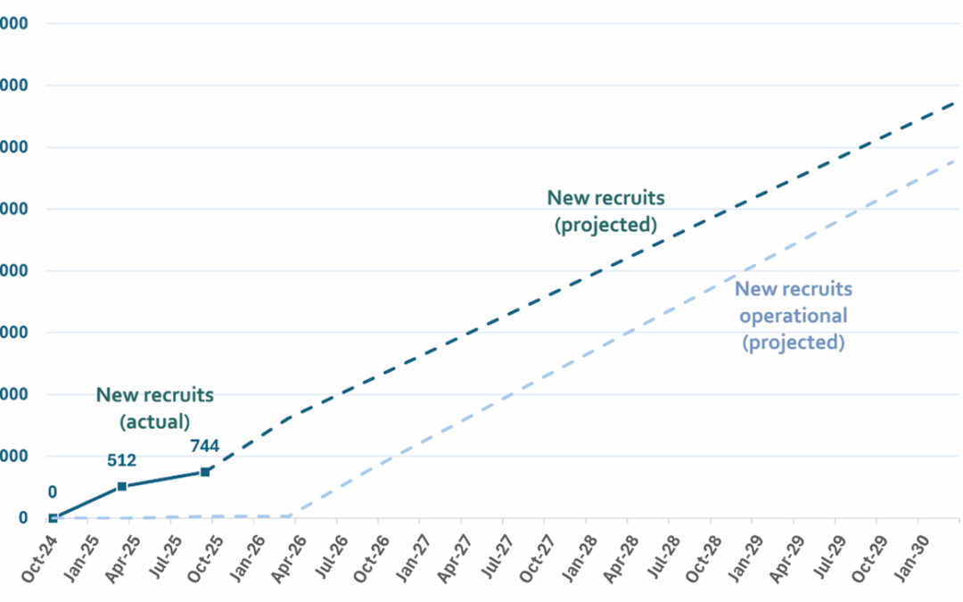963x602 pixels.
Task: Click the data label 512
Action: [x=121, y=461]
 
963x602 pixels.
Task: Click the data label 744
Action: [x=206, y=446]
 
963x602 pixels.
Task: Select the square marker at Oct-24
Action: [x=53, y=517]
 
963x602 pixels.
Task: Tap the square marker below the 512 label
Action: [x=122, y=486]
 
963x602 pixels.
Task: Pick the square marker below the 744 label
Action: [x=205, y=472]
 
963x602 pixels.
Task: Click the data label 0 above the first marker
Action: [x=53, y=491]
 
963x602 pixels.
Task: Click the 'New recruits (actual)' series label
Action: [x=155, y=407]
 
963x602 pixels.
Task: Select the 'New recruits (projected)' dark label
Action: [x=605, y=211]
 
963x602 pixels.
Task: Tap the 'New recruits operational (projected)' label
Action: [x=793, y=315]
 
